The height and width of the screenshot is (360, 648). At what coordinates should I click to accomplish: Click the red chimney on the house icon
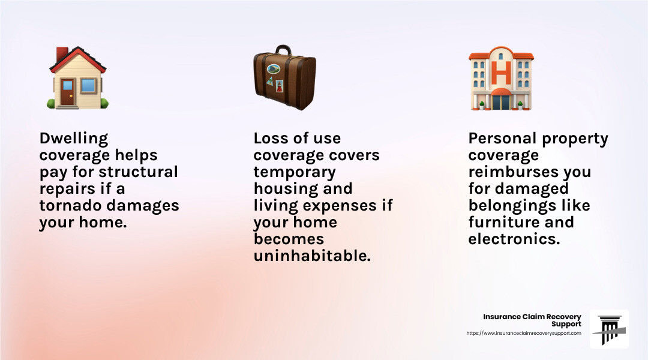tap(62, 54)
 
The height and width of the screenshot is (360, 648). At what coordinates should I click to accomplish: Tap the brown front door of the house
tap(67, 91)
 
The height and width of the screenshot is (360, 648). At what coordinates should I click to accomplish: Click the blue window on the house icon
tap(88, 86)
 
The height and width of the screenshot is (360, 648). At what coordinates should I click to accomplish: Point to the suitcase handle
tap(283, 50)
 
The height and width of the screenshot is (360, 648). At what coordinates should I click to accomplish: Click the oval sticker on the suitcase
tap(273, 69)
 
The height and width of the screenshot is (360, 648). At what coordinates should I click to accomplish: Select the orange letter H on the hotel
tap(501, 73)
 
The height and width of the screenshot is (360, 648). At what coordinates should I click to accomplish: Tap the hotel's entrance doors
tap(501, 101)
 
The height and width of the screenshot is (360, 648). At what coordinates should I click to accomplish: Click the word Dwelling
tap(74, 139)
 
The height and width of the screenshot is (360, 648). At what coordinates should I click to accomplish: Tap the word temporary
tap(295, 173)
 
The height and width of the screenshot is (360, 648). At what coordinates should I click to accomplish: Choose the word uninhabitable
tap(312, 256)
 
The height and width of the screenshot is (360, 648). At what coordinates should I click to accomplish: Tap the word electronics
tap(514, 239)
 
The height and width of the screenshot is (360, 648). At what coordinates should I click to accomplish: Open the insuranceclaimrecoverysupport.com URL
tap(524, 333)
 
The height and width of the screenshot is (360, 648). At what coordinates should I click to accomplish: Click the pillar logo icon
tap(609, 329)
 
